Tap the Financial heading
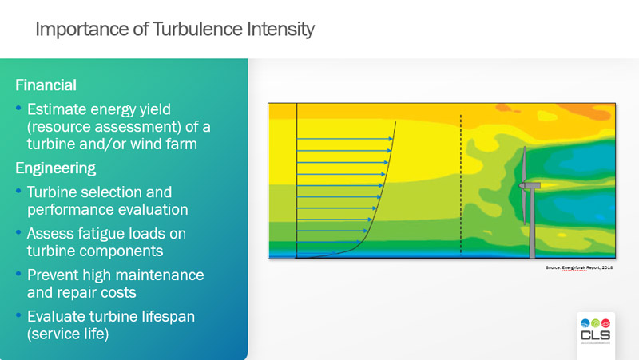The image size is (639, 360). [x=46, y=85]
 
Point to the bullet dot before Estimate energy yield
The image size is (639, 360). [x=18, y=107]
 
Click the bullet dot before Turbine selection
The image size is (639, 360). [x=18, y=192]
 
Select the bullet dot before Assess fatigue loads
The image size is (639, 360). [x=18, y=233]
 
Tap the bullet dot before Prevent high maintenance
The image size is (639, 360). [x=18, y=275]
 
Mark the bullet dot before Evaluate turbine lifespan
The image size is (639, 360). [x=18, y=316]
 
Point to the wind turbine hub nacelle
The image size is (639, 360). [x=529, y=185]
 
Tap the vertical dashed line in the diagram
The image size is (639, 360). [x=461, y=184]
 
